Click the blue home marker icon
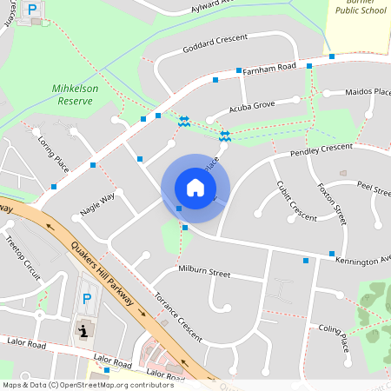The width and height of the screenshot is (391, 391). pyautogui.click(x=195, y=187)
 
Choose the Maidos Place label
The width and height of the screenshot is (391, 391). pyautogui.click(x=368, y=91)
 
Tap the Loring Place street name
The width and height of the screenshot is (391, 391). pyautogui.click(x=54, y=151)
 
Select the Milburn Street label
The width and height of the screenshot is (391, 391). pyautogui.click(x=203, y=273)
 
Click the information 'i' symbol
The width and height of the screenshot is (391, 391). pyautogui.click(x=84, y=330)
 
